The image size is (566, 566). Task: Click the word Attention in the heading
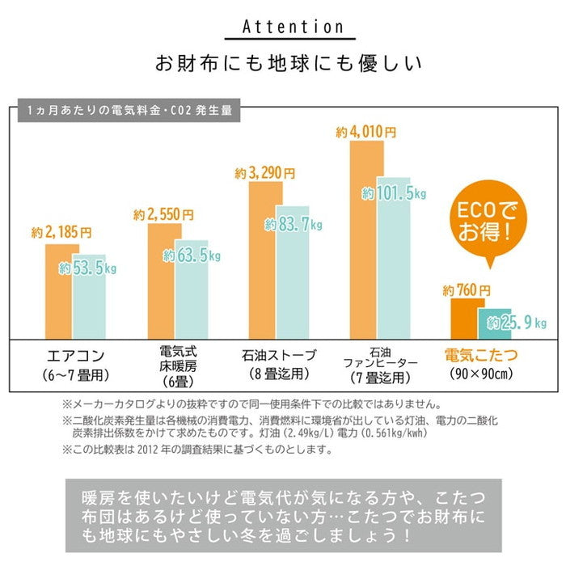coord(282,27)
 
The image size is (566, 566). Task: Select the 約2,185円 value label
coord(62,232)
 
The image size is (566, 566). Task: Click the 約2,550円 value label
coord(164,215)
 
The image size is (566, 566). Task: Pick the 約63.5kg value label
coord(192,256)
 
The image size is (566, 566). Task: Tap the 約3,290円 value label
coord(265,173)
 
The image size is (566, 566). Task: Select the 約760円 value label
coord(467,289)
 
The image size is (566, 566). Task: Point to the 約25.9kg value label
coord(517,323)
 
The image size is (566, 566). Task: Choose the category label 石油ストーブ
coord(279,355)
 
